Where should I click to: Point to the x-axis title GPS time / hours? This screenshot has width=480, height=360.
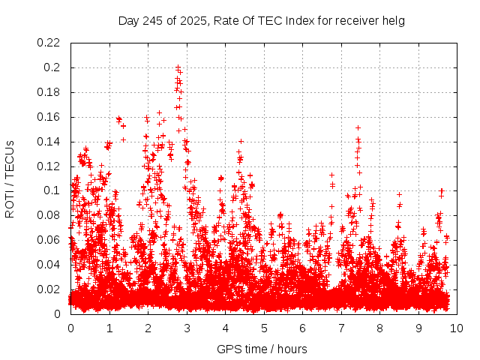click(x=262, y=349)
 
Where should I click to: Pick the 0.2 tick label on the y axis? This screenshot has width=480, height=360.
click(x=55, y=67)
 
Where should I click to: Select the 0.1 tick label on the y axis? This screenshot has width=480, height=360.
click(x=55, y=190)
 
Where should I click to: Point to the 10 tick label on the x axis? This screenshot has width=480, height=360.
click(x=457, y=328)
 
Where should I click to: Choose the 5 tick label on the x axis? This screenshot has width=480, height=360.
click(x=264, y=328)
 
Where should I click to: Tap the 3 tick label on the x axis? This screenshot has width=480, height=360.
click(x=187, y=328)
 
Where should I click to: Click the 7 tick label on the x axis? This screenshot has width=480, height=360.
click(x=341, y=328)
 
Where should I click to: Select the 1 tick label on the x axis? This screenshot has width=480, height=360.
click(x=109, y=328)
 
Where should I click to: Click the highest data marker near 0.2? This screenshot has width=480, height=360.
click(x=178, y=67)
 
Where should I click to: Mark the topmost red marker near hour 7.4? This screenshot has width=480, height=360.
click(x=358, y=127)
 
